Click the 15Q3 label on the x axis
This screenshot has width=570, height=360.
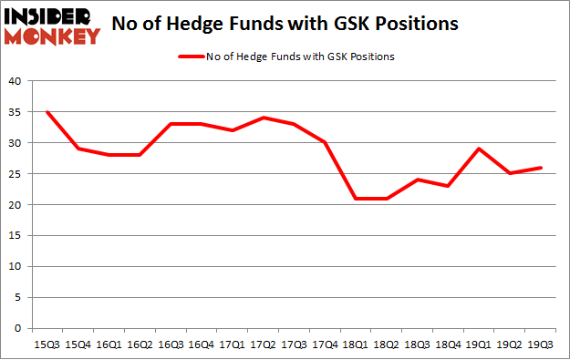coord(46,345)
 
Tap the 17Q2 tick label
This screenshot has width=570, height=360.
coord(263,345)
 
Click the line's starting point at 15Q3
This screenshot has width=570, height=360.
coord(46,112)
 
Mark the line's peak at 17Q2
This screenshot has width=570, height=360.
coord(263,118)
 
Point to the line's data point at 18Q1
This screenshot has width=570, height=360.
coord(356,198)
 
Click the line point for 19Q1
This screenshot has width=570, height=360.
coord(480,149)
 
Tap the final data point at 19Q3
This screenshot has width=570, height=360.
coord(542,168)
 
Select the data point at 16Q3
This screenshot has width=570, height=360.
coord(170,124)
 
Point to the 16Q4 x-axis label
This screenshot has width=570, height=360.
coord(201,345)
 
